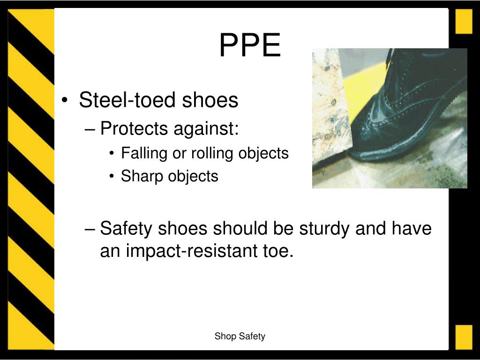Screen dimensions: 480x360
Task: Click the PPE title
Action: (250, 45)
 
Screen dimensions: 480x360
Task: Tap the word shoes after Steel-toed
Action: (210, 100)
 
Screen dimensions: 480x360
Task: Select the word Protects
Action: (134, 128)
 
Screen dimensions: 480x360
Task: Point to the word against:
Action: (206, 128)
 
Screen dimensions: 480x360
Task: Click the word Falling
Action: (144, 153)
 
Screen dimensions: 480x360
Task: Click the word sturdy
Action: (324, 228)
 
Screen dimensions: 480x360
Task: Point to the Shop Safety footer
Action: (240, 336)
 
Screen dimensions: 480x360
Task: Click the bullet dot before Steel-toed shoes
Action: (64, 100)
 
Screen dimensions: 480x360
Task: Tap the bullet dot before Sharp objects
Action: (112, 176)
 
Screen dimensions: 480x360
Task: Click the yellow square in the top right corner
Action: (464, 21)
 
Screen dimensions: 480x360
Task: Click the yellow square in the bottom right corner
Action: (464, 337)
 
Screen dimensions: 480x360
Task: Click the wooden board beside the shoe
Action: (330, 107)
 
